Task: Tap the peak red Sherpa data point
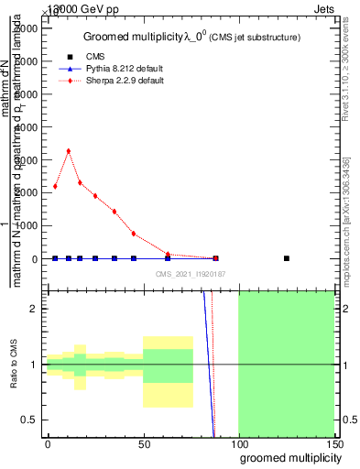69,151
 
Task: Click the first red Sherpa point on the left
55,187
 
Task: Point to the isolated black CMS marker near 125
287,258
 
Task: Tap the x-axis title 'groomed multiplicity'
287,456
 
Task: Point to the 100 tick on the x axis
238,443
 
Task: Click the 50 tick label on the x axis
144,443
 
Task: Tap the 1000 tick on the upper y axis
27,225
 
